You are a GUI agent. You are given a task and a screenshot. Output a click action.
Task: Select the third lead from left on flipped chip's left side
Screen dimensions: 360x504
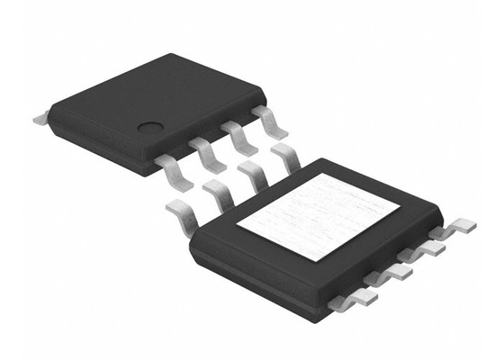click(x=255, y=174)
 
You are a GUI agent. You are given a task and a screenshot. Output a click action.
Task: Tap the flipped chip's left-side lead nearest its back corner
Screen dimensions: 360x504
click(x=286, y=157)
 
